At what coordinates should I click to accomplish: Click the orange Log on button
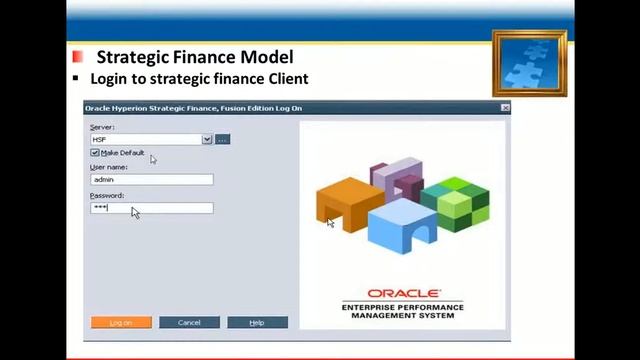pos(121,322)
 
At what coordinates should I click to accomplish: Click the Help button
pos(257,322)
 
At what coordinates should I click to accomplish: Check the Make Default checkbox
pos(95,153)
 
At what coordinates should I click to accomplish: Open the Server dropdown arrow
pos(207,139)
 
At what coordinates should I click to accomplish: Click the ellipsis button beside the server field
pos(222,139)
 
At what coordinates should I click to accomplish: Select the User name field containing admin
pos(151,180)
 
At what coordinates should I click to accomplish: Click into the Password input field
pos(151,208)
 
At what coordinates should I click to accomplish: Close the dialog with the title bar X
pos(504,108)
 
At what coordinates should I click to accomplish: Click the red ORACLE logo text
pos(403,294)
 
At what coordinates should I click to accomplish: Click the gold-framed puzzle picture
pos(529,63)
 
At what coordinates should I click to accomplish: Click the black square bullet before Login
pos(75,78)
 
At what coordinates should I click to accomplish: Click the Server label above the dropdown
pos(102,127)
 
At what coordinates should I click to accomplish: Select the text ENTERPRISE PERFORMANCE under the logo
pos(403,307)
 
